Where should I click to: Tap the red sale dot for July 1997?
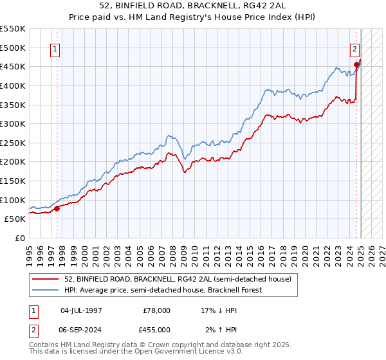[57, 208]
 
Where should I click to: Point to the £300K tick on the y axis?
[14, 123]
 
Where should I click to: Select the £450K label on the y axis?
[14, 66]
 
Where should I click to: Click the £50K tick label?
[16, 219]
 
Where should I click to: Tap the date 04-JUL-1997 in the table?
[81, 310]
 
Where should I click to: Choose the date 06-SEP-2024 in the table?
[81, 329]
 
